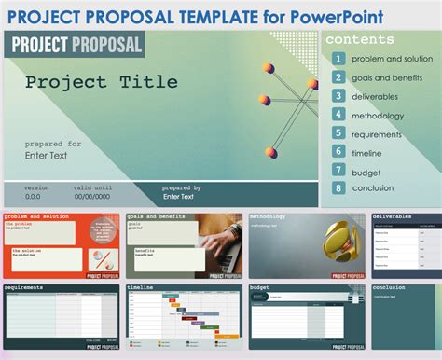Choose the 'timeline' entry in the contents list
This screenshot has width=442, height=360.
[366, 152]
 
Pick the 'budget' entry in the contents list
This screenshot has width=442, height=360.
[366, 171]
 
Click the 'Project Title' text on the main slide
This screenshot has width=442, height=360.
[101, 82]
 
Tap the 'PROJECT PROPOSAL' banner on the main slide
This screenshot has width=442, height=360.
[75, 44]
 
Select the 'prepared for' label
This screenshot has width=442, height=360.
[52, 144]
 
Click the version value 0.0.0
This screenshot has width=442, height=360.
[33, 197]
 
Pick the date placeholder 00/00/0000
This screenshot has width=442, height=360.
[93, 197]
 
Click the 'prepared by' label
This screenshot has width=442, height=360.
[182, 187]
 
